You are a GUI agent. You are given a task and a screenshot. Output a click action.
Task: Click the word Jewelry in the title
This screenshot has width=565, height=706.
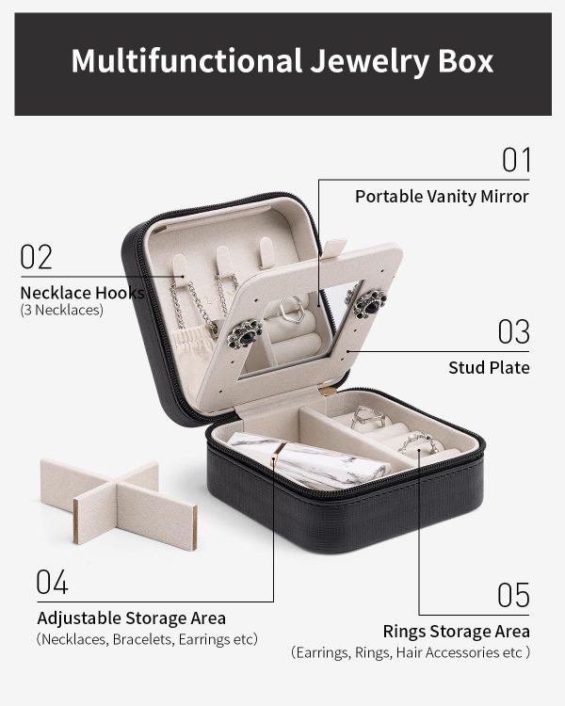point(370,62)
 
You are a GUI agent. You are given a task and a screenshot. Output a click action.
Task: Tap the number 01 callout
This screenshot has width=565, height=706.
point(516,160)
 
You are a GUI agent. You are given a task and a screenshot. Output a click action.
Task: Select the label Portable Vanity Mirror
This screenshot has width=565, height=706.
point(442,197)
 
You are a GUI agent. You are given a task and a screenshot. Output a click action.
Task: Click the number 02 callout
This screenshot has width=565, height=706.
point(36,257)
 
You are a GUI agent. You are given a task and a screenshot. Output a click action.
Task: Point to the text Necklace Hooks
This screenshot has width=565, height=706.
point(82,293)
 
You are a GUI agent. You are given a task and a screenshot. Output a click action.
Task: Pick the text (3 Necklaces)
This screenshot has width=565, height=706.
point(62,311)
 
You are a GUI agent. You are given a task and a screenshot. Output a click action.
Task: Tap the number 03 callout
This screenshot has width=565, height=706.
point(513,332)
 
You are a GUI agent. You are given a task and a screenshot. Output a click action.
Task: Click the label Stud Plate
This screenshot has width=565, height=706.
point(489,368)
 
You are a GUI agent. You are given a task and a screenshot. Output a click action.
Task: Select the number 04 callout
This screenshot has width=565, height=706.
point(52,582)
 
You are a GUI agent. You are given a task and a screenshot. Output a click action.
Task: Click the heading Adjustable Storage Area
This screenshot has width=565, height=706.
point(132,618)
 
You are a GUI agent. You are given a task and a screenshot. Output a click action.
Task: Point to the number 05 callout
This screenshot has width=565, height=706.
point(513,595)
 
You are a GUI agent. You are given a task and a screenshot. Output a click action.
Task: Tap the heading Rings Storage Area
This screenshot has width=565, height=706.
point(456,632)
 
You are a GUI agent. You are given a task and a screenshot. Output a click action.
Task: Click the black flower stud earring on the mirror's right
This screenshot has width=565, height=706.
point(370,303)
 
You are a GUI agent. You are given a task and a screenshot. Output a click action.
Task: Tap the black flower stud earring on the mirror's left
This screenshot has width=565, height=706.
point(245,334)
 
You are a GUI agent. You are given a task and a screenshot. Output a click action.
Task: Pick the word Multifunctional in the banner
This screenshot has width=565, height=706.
point(186,60)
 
